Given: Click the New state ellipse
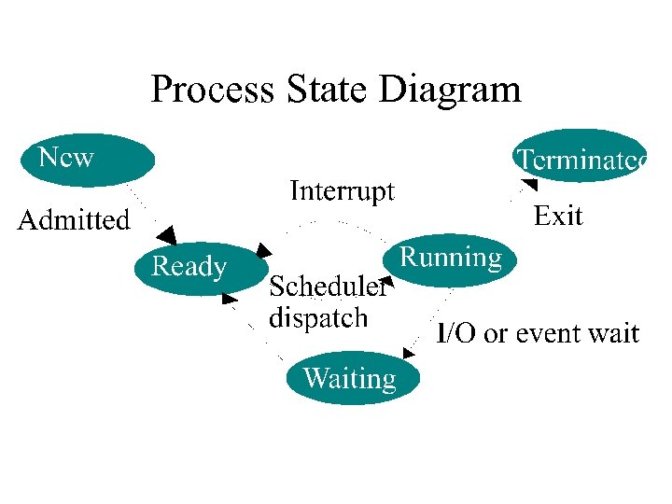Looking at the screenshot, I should [x=87, y=160].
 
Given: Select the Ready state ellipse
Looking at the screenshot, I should [x=195, y=267].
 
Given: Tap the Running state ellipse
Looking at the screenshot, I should [x=450, y=259].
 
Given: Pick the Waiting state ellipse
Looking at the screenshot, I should [x=352, y=378].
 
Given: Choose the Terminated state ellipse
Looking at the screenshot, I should [x=579, y=157].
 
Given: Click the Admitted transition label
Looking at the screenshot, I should [x=75, y=220].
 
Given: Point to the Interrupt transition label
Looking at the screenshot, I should [x=342, y=191].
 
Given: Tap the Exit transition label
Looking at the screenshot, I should [x=557, y=217].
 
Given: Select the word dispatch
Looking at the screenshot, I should [x=318, y=317].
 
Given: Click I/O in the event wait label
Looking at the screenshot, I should [x=456, y=333].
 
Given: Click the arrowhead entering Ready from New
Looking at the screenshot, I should [x=166, y=234].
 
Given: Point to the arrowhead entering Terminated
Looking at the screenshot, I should [x=528, y=185].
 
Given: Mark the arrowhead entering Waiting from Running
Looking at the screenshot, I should [x=409, y=353].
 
